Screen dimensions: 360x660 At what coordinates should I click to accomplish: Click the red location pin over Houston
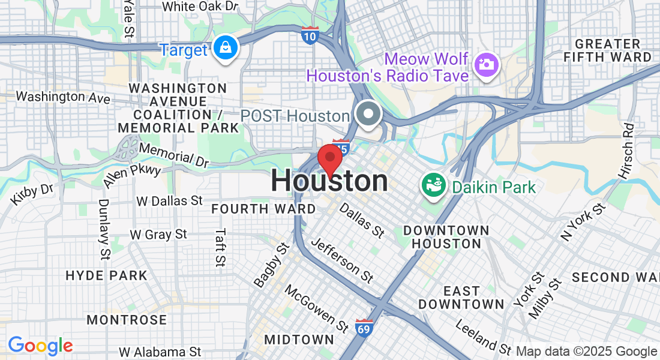tap(329, 158)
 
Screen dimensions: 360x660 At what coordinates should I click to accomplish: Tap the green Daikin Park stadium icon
tap(433, 185)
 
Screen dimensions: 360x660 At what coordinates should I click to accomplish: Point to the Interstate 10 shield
tap(310, 35)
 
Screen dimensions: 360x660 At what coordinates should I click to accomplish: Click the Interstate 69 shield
tap(363, 328)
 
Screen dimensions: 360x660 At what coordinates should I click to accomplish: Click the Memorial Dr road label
tap(173, 154)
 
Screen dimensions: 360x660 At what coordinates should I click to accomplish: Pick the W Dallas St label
tap(170, 200)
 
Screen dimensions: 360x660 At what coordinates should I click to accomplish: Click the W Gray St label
tap(158, 234)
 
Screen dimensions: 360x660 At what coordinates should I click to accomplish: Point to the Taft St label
tap(221, 247)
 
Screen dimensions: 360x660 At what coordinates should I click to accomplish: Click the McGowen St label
tap(316, 308)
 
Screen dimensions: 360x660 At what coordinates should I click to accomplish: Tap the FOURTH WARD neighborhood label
tap(263, 209)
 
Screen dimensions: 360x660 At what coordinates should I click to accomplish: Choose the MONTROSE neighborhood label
tap(127, 320)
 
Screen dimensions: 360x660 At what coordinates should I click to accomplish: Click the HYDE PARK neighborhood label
tap(106, 276)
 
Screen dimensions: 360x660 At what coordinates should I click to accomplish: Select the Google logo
tap(40, 346)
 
